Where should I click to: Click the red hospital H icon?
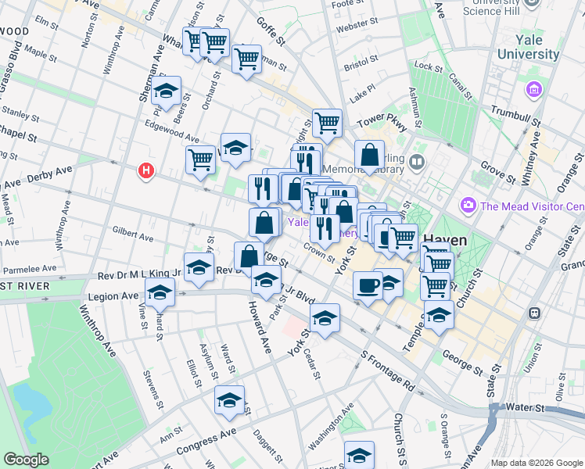(x=145, y=170)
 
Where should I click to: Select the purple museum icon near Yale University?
(x=536, y=90)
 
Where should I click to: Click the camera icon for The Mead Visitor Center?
(x=468, y=206)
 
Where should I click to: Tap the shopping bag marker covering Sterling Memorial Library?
(x=369, y=156)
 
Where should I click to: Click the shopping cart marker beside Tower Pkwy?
(x=327, y=122)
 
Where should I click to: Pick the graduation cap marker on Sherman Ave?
(x=166, y=91)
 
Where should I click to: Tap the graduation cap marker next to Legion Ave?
(x=160, y=293)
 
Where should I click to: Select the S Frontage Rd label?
(x=387, y=373)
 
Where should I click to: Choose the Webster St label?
(x=351, y=29)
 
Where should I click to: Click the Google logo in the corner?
(x=26, y=460)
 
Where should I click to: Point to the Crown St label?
(x=320, y=254)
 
